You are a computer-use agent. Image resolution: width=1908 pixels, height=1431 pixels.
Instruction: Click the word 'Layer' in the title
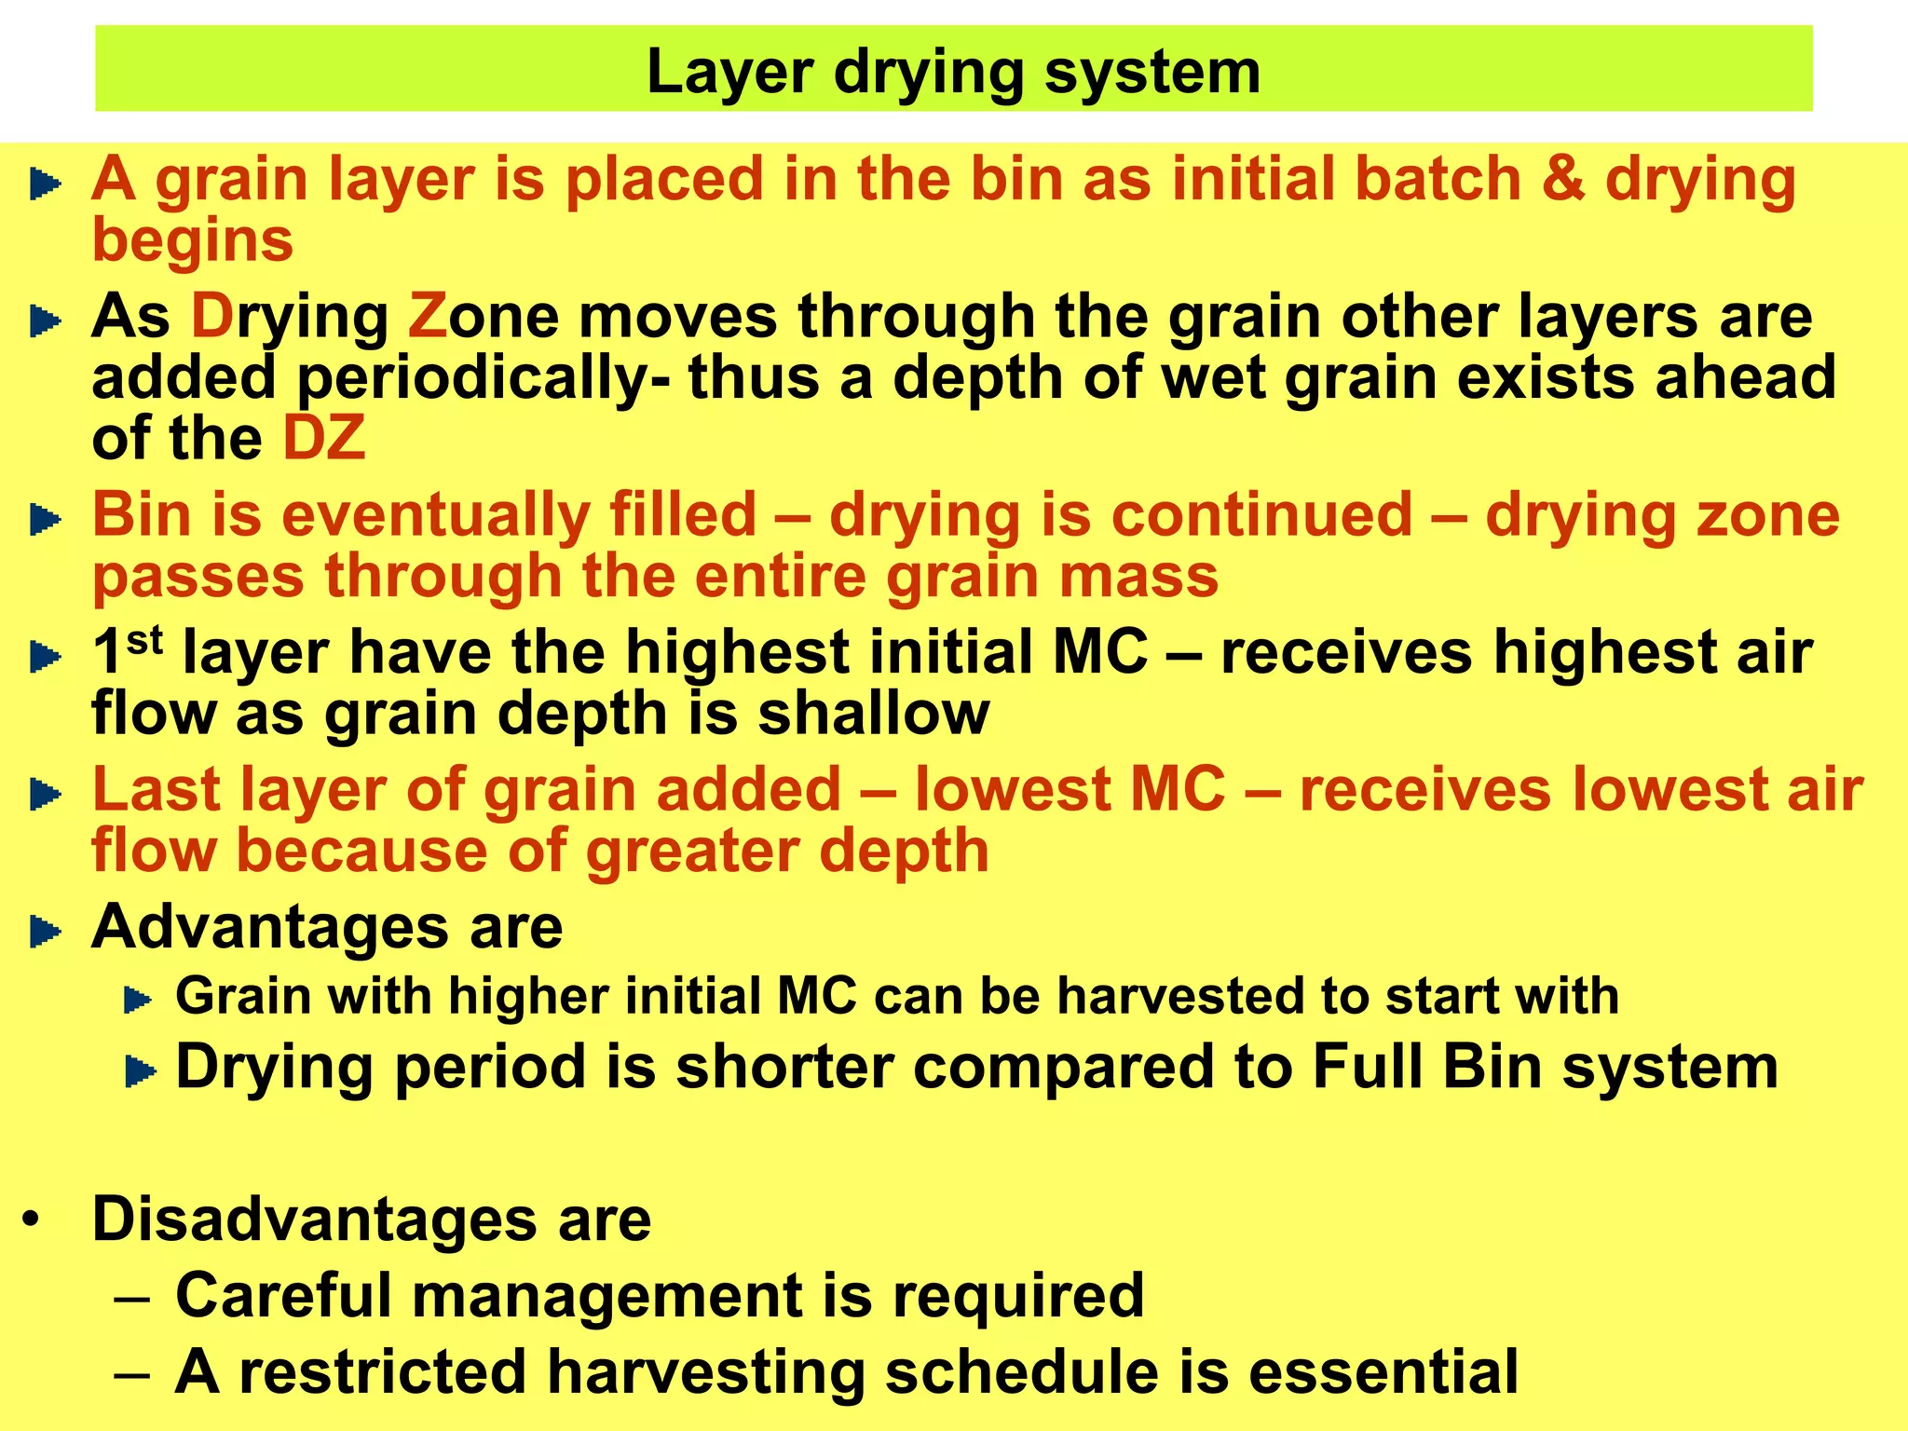[729, 73]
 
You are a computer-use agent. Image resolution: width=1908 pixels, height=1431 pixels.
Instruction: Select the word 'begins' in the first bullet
[193, 240]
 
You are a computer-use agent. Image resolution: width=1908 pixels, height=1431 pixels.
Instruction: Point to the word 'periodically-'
[483, 378]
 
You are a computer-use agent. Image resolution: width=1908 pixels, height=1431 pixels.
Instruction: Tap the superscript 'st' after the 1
[144, 640]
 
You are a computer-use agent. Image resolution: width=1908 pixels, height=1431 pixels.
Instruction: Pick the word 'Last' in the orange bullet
[156, 790]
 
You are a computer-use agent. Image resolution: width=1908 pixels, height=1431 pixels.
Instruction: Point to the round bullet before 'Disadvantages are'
[33, 1220]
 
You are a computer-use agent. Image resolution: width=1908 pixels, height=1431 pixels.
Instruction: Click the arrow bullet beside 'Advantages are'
[45, 931]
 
